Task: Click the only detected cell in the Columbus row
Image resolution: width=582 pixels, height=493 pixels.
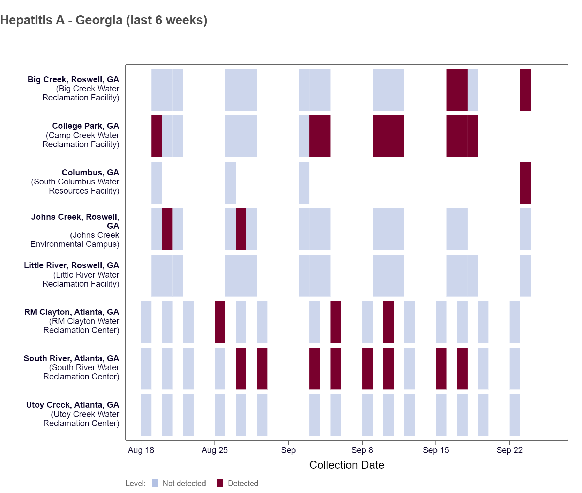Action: point(525,182)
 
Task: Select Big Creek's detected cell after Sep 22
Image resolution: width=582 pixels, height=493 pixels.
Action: point(525,90)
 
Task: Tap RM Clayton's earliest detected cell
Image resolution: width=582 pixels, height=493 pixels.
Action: point(220,322)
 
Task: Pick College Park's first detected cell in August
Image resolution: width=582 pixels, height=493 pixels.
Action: point(157,136)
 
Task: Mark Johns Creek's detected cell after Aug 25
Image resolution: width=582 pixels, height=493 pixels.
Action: point(241,229)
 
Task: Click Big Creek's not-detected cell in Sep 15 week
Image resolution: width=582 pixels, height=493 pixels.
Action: point(473,90)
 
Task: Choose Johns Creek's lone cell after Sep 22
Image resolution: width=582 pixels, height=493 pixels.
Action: point(525,229)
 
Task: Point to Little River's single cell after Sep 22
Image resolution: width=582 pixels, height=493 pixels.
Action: point(525,275)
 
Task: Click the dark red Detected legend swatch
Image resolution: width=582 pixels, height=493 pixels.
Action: point(220,483)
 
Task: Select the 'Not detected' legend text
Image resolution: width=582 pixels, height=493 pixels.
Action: point(184,483)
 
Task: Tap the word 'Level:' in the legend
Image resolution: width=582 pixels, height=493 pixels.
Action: point(135,483)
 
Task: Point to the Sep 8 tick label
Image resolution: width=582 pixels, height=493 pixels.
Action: point(362,450)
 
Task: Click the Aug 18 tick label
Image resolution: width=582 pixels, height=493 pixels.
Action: point(141,450)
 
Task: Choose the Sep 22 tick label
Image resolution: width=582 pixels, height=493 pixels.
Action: point(509,450)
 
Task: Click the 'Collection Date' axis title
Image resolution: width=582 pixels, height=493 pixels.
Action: point(346,465)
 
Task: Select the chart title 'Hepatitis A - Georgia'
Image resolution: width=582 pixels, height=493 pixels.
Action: point(104,20)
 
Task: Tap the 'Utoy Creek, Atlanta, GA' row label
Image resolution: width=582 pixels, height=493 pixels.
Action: point(73,405)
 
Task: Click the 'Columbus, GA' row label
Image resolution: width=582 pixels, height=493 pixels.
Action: point(90,173)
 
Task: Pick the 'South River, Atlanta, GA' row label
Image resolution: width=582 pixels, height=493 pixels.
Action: point(72,358)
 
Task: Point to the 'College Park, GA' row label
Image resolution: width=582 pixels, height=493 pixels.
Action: point(85,126)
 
